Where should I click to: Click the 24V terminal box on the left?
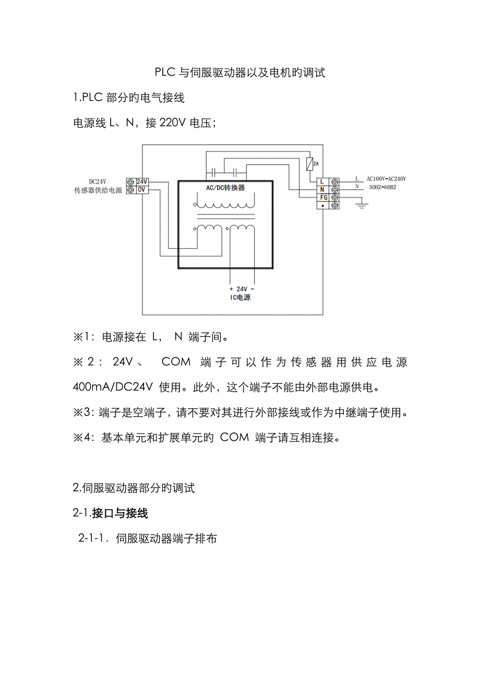pos(142,181)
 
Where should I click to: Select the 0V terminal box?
pos(142,190)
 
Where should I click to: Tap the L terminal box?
pos(322,181)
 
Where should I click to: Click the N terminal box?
pos(322,189)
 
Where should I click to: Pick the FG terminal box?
pos(322,197)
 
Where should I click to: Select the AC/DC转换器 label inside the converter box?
pos(225,187)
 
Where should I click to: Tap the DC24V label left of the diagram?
pos(98,181)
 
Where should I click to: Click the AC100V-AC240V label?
pos(386,179)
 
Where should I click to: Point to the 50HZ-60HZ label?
pos(382,187)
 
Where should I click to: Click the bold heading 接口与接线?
pos(120,513)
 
